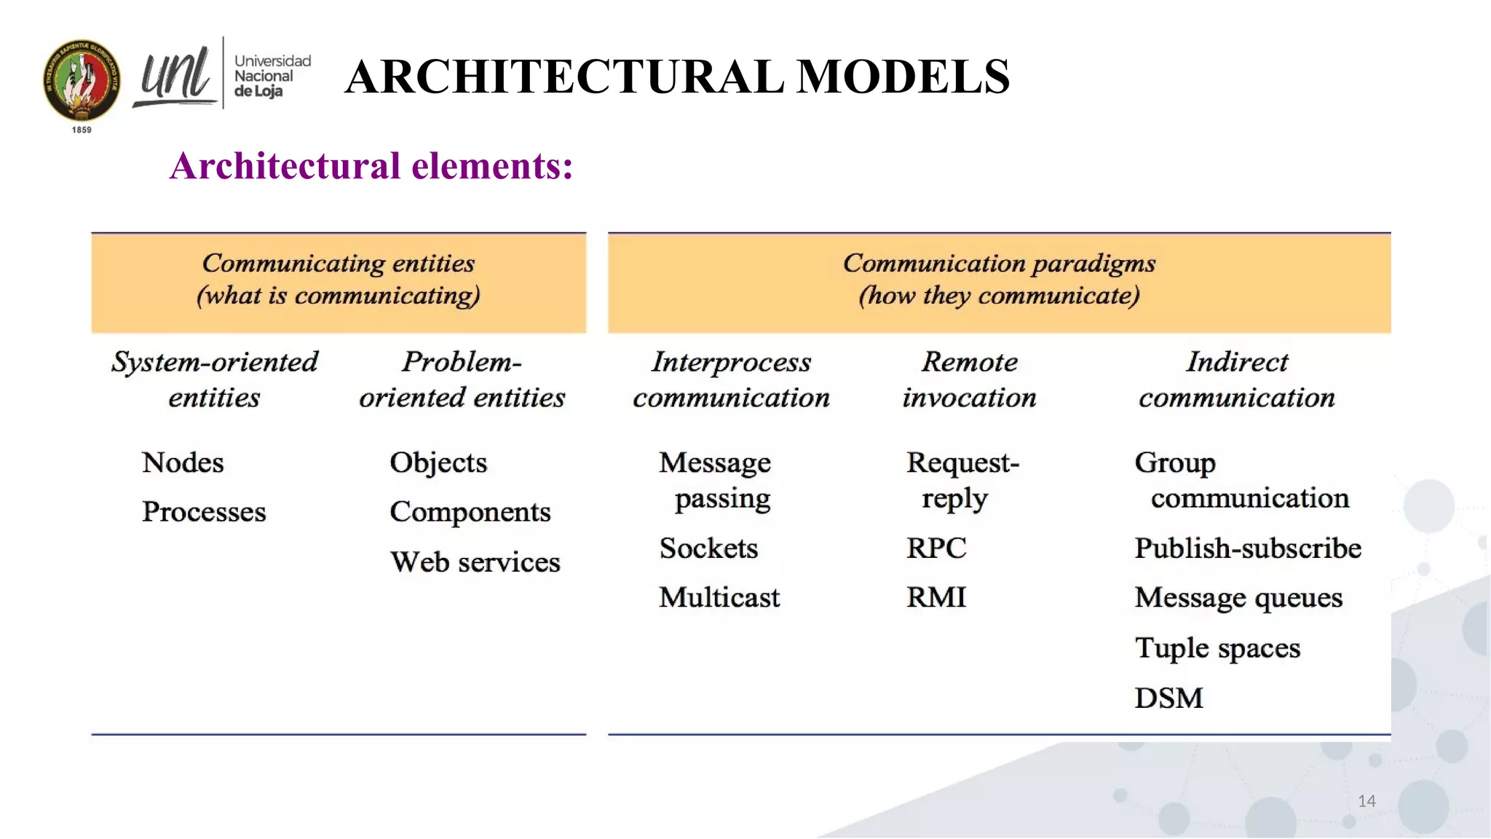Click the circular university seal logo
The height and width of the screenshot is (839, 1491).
[82, 80]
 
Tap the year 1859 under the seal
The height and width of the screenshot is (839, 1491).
[82, 130]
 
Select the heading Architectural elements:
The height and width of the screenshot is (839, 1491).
[371, 166]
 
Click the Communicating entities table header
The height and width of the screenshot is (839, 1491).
[339, 280]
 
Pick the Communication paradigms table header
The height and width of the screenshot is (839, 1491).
[999, 280]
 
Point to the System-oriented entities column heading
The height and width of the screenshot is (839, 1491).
[215, 379]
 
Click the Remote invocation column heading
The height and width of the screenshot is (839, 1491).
[969, 379]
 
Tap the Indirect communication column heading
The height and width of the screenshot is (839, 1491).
[1237, 379]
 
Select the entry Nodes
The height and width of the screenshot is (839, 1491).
[183, 462]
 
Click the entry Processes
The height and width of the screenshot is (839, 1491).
[204, 511]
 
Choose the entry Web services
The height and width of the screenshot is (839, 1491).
[475, 562]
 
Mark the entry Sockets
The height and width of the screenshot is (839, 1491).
[708, 548]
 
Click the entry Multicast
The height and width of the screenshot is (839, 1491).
[719, 597]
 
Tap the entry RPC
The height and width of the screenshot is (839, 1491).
[936, 548]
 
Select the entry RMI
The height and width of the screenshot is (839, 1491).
[936, 597]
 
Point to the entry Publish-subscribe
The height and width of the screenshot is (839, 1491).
[1248, 548]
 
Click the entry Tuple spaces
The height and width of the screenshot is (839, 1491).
[1217, 647]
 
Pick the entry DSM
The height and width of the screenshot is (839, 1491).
[1168, 698]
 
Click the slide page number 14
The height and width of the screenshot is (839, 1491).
[1367, 801]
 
